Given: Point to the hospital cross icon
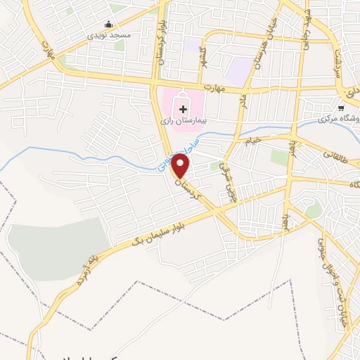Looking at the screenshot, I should (x=184, y=109).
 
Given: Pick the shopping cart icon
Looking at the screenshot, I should (x=341, y=108).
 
